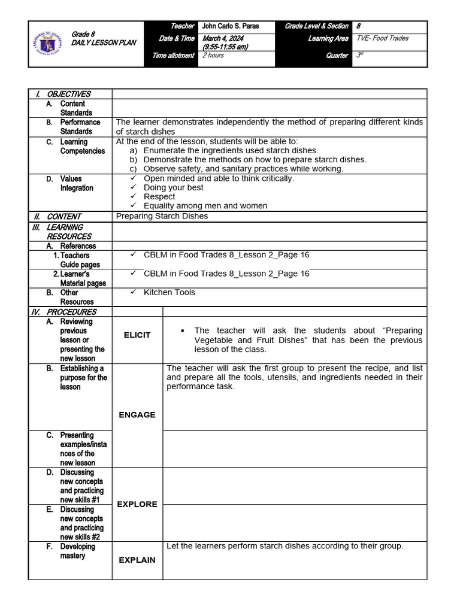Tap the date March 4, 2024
(220, 39)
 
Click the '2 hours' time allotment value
(214, 56)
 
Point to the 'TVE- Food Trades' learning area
(383, 38)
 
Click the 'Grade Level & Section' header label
(316, 26)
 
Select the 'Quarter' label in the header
(338, 56)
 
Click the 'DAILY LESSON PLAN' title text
(104, 43)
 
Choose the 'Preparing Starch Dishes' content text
(162, 216)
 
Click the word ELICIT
(137, 335)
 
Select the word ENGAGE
(137, 415)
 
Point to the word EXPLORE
(137, 505)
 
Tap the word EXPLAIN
(137, 560)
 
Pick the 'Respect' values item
(159, 196)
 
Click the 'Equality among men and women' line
(205, 206)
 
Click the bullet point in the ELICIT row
(181, 331)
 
